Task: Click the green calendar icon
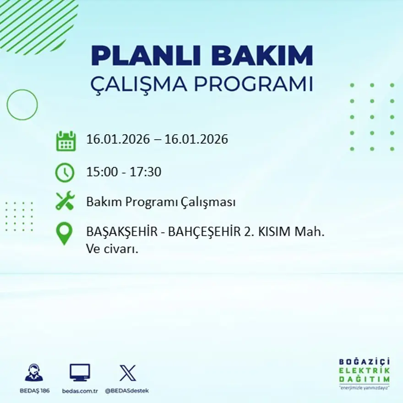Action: click(x=65, y=141)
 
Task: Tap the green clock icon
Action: click(x=65, y=173)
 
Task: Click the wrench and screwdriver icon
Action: click(x=65, y=201)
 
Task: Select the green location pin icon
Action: click(x=64, y=233)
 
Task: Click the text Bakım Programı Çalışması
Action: click(x=161, y=202)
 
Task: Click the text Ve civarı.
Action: click(x=112, y=250)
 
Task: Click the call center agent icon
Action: click(x=33, y=373)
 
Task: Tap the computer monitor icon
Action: click(x=80, y=373)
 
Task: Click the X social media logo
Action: click(x=127, y=373)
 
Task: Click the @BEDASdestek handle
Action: click(x=127, y=391)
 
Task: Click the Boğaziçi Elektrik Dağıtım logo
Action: click(x=364, y=373)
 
